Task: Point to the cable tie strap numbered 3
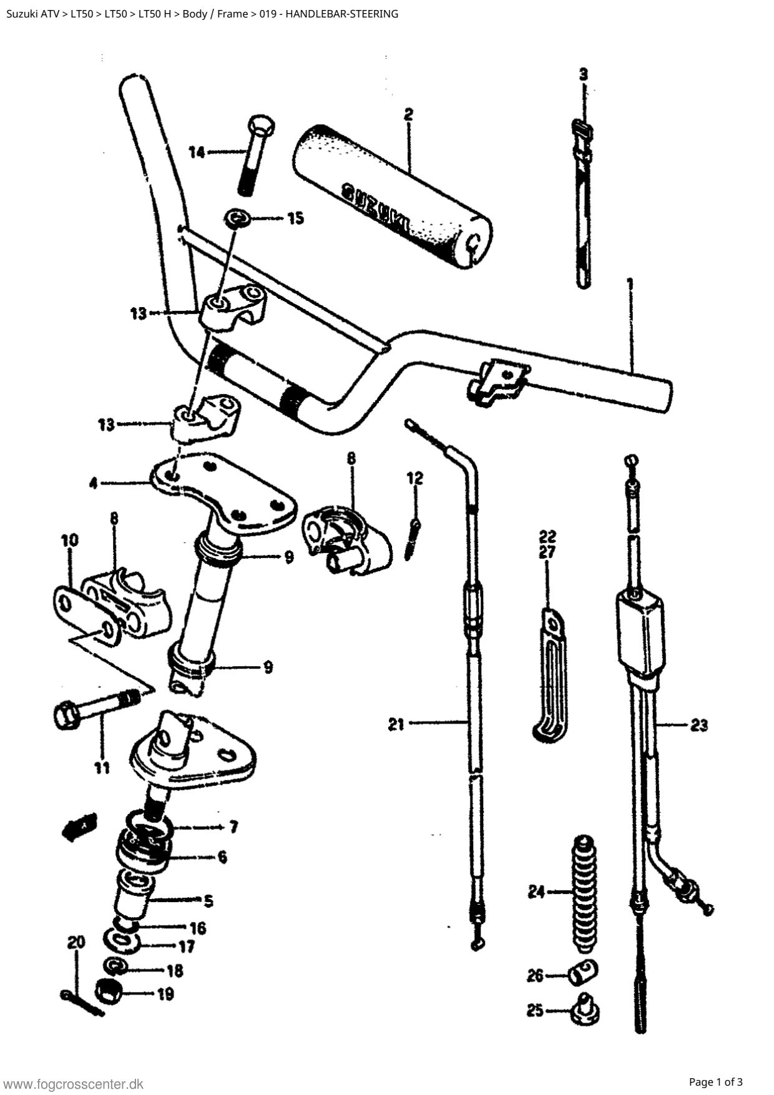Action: click(x=584, y=204)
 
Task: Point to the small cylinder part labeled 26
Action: click(x=583, y=971)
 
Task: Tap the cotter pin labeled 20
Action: click(x=82, y=1001)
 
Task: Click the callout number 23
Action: click(x=698, y=725)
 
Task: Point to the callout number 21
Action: click(x=396, y=724)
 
